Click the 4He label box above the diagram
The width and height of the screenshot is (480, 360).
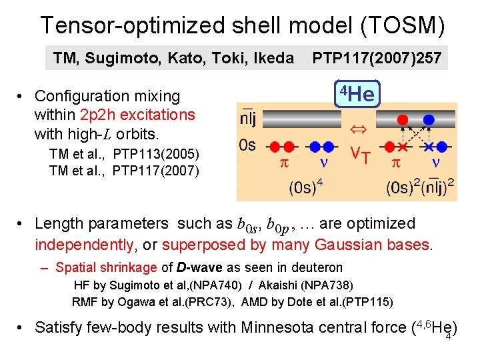[x=357, y=94]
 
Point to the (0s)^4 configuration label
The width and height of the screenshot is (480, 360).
[x=306, y=187]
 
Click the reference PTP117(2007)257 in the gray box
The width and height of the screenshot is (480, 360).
[x=377, y=59]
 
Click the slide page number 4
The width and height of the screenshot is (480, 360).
[x=449, y=337]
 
